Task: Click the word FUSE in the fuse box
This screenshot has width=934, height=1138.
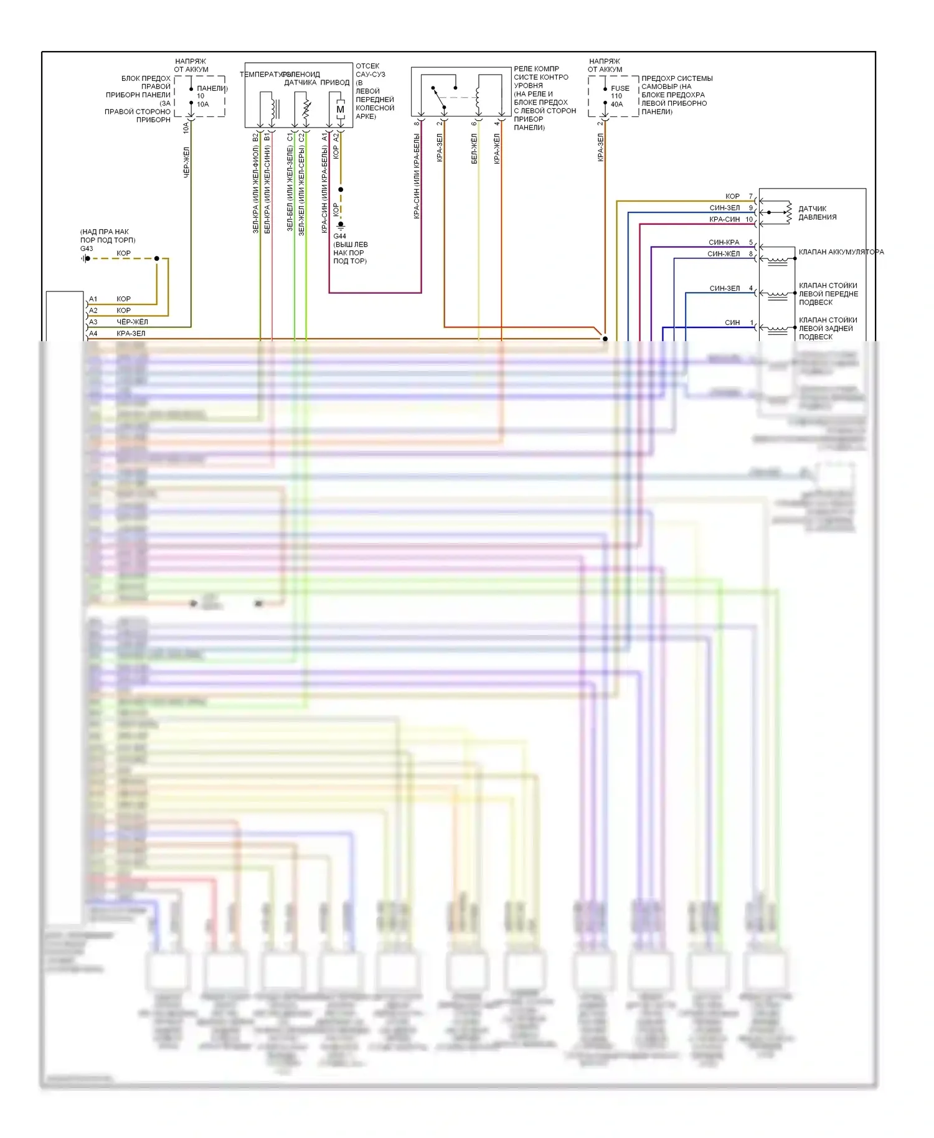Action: [x=620, y=88]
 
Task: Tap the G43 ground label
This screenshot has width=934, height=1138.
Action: [x=87, y=248]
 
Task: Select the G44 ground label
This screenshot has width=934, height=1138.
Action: [x=339, y=236]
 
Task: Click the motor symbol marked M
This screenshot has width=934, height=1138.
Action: [x=340, y=110]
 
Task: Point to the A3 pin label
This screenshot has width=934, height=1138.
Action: [x=93, y=322]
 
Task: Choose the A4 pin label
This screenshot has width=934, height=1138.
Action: [x=93, y=333]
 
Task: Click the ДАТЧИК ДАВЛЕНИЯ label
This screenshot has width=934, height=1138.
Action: [x=817, y=213]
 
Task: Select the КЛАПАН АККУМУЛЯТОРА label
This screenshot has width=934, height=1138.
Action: [x=841, y=252]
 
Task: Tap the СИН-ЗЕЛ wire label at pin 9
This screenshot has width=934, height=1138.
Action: [x=724, y=208]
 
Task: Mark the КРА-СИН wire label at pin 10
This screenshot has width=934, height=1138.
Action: [x=724, y=219]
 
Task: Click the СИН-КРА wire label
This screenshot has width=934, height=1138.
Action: [x=724, y=242]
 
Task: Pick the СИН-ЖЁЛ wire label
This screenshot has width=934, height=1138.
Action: [x=724, y=254]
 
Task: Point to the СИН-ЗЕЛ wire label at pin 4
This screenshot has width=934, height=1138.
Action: [x=724, y=288]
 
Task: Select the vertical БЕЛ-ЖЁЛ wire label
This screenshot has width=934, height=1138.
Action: [x=474, y=149]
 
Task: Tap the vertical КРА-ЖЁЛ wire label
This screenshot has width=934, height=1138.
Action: [x=497, y=149]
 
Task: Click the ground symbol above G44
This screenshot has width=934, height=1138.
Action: [x=341, y=225]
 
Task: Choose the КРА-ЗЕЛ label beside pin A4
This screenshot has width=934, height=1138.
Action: [x=131, y=333]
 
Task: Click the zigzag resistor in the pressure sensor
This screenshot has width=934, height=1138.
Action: [x=789, y=212]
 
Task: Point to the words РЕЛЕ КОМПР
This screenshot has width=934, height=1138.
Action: [x=536, y=69]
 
